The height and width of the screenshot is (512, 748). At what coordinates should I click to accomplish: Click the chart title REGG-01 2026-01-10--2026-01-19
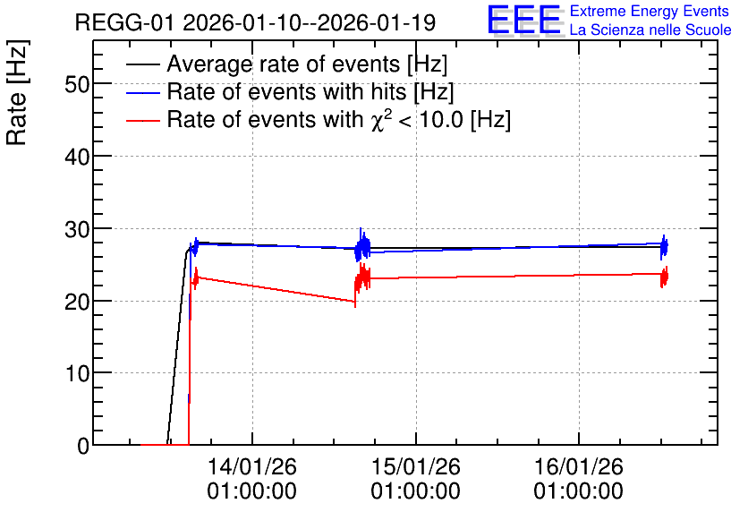255,22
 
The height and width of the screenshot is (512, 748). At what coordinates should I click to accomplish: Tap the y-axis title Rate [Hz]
17,93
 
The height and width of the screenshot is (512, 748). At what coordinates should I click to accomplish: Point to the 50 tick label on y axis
77,84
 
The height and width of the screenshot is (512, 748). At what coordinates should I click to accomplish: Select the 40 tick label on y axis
77,157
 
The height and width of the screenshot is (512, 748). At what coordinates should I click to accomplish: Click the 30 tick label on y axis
77,229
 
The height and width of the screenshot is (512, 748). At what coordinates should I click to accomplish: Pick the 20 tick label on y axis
77,301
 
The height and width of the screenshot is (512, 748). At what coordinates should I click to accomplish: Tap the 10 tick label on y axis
77,373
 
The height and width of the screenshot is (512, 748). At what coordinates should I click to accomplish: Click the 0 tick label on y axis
83,446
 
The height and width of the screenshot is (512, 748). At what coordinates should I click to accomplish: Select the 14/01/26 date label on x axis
252,466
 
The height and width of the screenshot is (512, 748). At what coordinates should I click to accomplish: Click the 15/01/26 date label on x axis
415,466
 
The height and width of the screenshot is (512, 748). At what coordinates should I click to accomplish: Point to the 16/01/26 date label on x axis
578,466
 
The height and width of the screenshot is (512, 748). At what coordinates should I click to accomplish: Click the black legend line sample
142,64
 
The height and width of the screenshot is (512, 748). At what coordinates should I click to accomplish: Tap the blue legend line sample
142,92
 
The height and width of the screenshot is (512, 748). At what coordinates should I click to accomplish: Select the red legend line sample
142,120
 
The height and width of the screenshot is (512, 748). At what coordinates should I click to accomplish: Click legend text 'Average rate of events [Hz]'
307,64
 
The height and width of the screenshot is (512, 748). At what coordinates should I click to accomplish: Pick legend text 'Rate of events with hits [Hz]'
310,92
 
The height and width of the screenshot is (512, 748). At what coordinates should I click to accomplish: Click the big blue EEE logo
524,21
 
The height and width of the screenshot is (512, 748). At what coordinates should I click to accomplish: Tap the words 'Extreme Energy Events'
650,11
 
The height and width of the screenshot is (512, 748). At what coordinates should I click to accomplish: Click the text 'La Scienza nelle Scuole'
650,30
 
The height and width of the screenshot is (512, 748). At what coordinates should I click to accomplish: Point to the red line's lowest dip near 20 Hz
355,302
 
